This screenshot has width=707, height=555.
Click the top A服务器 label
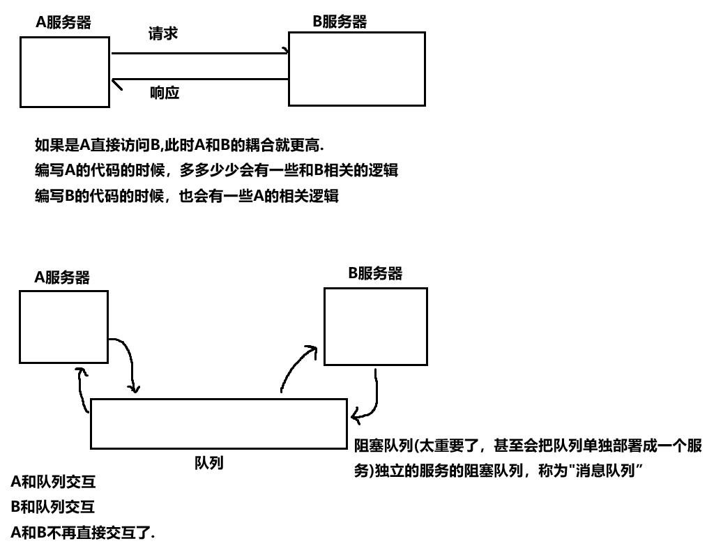(x=63, y=22)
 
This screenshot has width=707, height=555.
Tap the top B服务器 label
(x=339, y=22)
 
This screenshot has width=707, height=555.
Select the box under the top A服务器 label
(x=65, y=72)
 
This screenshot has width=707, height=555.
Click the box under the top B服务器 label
(x=356, y=68)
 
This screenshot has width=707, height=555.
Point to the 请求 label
(x=163, y=33)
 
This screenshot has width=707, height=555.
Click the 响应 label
(x=165, y=92)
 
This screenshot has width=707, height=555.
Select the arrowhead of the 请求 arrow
(x=284, y=51)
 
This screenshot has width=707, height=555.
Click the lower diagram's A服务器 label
(x=62, y=277)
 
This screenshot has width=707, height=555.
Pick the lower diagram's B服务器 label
(x=375, y=273)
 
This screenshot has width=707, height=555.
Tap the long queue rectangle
(x=218, y=424)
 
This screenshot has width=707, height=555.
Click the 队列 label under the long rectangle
(x=208, y=462)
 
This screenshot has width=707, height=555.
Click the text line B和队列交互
(x=53, y=507)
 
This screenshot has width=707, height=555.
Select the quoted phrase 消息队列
(x=605, y=471)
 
